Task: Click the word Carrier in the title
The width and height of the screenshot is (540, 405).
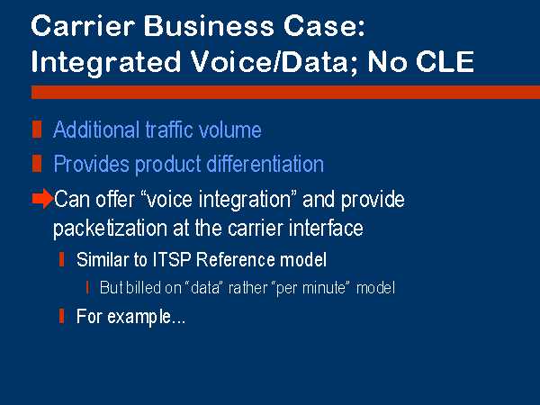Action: pos(83,26)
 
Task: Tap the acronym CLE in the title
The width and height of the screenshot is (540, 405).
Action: pos(445,62)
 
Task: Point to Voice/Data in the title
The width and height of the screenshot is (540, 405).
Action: pos(270,62)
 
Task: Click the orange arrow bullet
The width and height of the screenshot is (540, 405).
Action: pos(42,199)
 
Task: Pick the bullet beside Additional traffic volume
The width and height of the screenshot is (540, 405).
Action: pos(37,130)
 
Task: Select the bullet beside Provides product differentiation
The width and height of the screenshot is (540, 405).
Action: pos(37,163)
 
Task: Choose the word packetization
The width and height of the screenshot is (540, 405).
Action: pos(110,228)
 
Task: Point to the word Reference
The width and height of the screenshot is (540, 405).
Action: pos(236,259)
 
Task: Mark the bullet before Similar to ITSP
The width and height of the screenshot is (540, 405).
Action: pos(61,259)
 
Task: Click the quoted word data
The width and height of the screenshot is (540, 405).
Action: pos(205,288)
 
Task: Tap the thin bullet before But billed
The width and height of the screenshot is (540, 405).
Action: pos(88,288)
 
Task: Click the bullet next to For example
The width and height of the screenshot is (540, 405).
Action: pos(61,316)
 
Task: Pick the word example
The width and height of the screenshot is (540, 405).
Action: pos(139,317)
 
